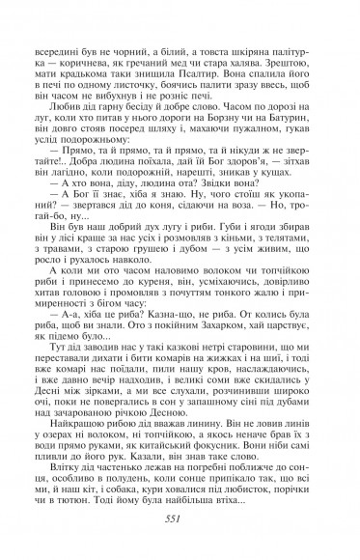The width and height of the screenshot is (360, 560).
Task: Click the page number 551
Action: (x=180, y=518)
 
